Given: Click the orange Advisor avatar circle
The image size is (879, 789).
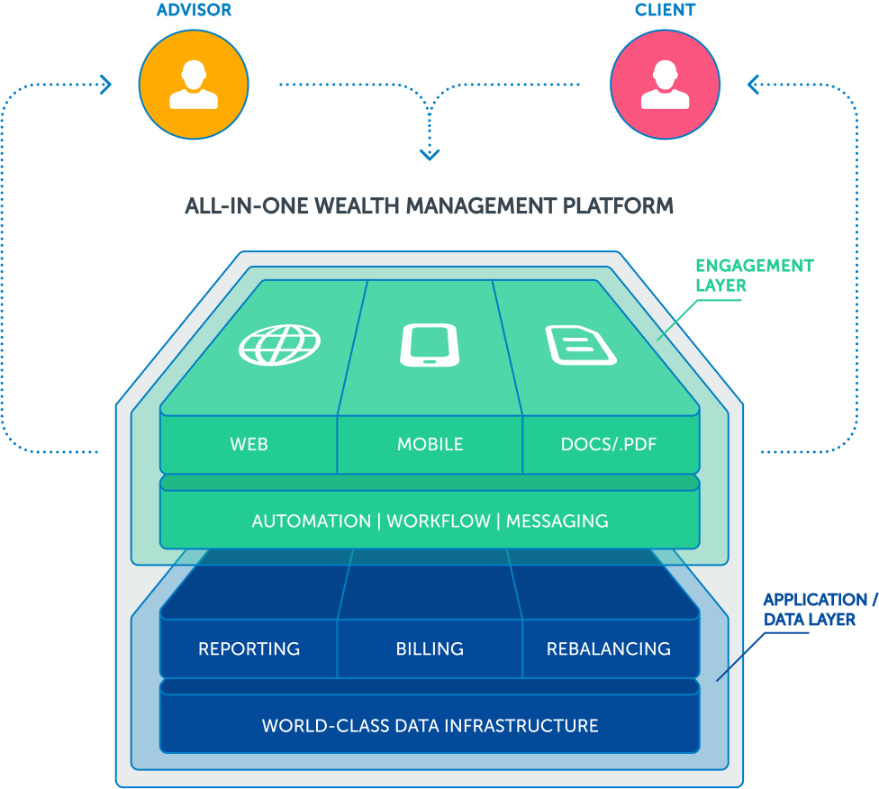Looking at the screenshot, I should (194, 84).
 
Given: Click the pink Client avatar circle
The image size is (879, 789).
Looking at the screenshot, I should (665, 84).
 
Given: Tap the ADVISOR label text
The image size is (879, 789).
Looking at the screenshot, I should (194, 11).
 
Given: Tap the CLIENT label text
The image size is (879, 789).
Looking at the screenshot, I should (665, 11).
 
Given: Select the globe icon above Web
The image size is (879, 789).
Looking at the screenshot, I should (280, 344).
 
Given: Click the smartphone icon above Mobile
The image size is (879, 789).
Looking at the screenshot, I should (430, 344).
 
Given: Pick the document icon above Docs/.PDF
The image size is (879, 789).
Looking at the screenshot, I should (581, 344).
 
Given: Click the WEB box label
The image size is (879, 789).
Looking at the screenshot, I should (249, 444).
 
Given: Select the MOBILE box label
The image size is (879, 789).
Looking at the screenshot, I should (430, 444).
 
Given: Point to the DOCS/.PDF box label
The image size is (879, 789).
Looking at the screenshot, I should (608, 444).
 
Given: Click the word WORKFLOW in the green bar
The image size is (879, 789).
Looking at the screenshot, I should (439, 521).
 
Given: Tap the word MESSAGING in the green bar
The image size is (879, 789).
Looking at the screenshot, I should (557, 521).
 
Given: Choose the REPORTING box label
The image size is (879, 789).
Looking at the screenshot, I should (249, 648).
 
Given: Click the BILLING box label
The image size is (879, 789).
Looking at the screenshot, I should (430, 648).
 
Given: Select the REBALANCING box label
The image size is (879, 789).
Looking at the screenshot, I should (608, 648).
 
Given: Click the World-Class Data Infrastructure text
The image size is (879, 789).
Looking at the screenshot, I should (430, 725).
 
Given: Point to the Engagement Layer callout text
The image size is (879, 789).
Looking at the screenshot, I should (754, 276).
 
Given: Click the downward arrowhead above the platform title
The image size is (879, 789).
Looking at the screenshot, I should (430, 154).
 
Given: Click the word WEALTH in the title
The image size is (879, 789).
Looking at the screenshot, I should (356, 206).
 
